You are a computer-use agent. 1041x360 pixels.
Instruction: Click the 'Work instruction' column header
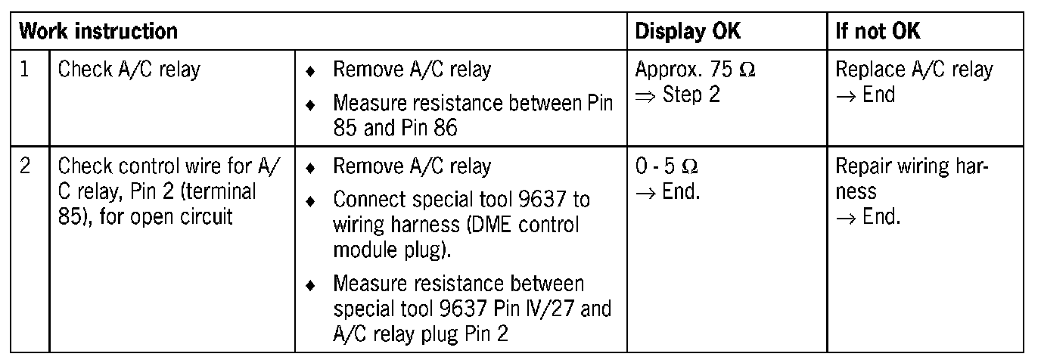pyautogui.click(x=98, y=31)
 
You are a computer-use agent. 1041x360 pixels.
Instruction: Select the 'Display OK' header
pyautogui.click(x=688, y=31)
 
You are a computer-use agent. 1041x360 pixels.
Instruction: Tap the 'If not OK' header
pyautogui.click(x=878, y=31)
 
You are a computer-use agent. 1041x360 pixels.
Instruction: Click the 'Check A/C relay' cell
pyautogui.click(x=129, y=70)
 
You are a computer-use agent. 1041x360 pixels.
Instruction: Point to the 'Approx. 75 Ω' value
pyautogui.click(x=695, y=70)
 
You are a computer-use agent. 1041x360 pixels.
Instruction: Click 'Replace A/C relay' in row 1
pyautogui.click(x=913, y=70)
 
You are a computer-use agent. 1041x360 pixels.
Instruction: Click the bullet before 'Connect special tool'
pyautogui.click(x=309, y=201)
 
